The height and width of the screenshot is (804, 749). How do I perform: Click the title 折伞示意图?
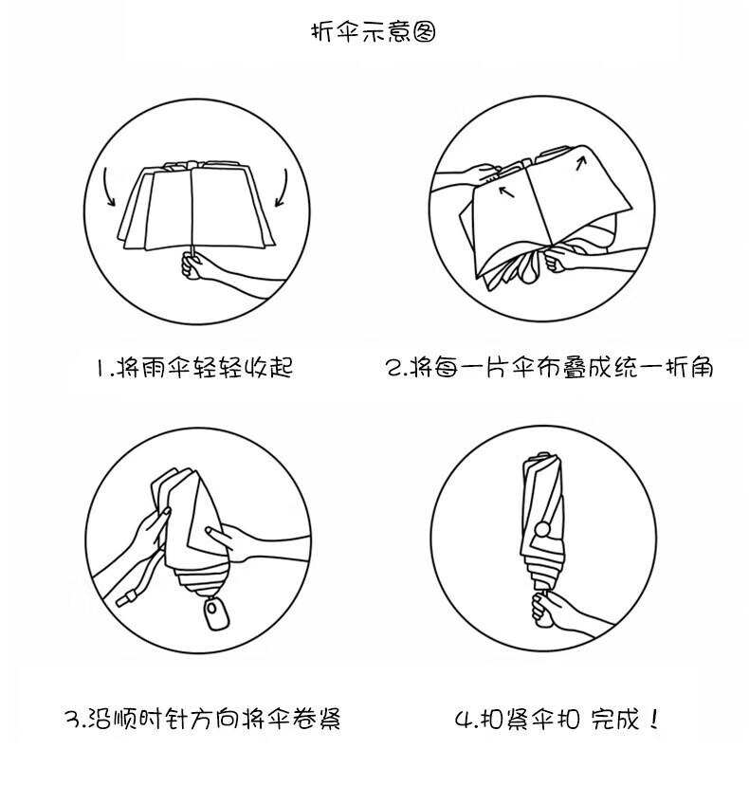374,32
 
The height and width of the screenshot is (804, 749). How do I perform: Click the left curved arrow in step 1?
107,186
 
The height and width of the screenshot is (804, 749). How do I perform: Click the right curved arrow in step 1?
283,189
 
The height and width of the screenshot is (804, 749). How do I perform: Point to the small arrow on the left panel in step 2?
506,192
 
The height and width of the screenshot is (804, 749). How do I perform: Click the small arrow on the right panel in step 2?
581,163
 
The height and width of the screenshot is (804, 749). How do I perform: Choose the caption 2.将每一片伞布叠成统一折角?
549,367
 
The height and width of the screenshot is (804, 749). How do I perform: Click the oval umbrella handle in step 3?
216,613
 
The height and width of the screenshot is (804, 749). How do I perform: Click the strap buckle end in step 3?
126,598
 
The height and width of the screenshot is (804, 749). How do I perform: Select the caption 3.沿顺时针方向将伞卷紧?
203,719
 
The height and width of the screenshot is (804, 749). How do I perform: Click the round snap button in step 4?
542,529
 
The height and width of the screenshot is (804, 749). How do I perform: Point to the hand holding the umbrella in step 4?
553,609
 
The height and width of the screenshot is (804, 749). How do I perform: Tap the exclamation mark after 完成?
652,719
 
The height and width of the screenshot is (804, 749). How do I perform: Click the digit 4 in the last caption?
464,720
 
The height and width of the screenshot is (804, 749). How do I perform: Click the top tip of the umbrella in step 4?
542,453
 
